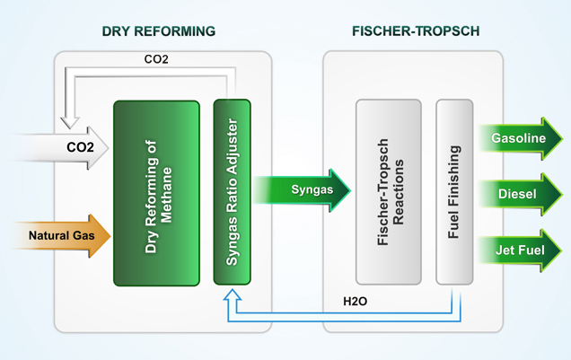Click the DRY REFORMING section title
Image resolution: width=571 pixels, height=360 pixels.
tap(159, 31)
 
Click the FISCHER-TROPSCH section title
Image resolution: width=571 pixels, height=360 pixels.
tap(416, 31)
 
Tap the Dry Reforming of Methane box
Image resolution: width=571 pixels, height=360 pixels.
tap(156, 192)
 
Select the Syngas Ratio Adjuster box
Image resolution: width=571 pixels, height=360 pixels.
tap(232, 192)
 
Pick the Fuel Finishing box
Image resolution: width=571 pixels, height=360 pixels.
tap(453, 192)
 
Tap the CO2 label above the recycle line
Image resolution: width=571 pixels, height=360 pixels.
tap(156, 61)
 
